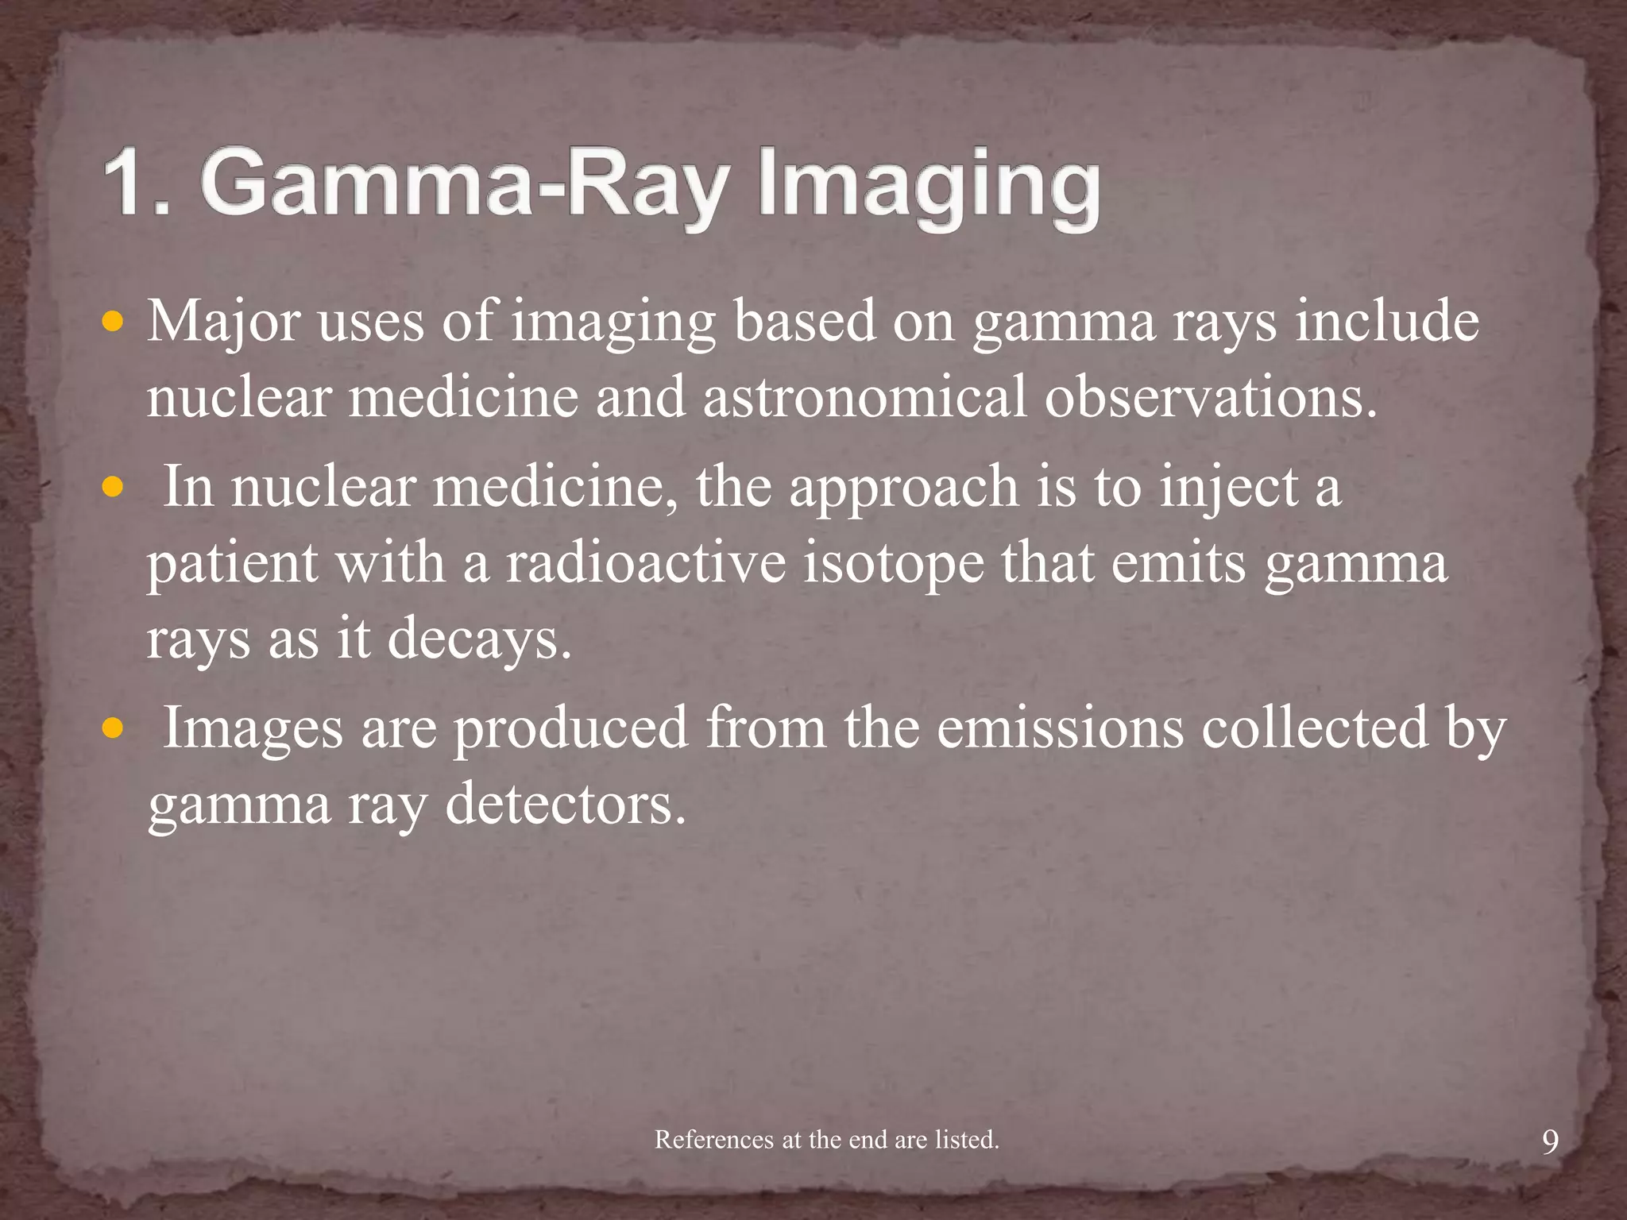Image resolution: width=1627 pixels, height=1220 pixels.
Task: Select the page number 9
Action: point(1550,1142)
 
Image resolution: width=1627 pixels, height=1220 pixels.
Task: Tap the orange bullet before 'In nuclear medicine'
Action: point(114,486)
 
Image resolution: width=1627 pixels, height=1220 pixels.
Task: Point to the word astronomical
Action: point(865,397)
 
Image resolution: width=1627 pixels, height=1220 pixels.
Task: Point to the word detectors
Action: point(565,804)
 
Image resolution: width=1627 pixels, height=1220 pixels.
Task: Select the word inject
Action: point(1228,486)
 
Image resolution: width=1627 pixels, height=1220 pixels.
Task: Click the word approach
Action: point(903,486)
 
